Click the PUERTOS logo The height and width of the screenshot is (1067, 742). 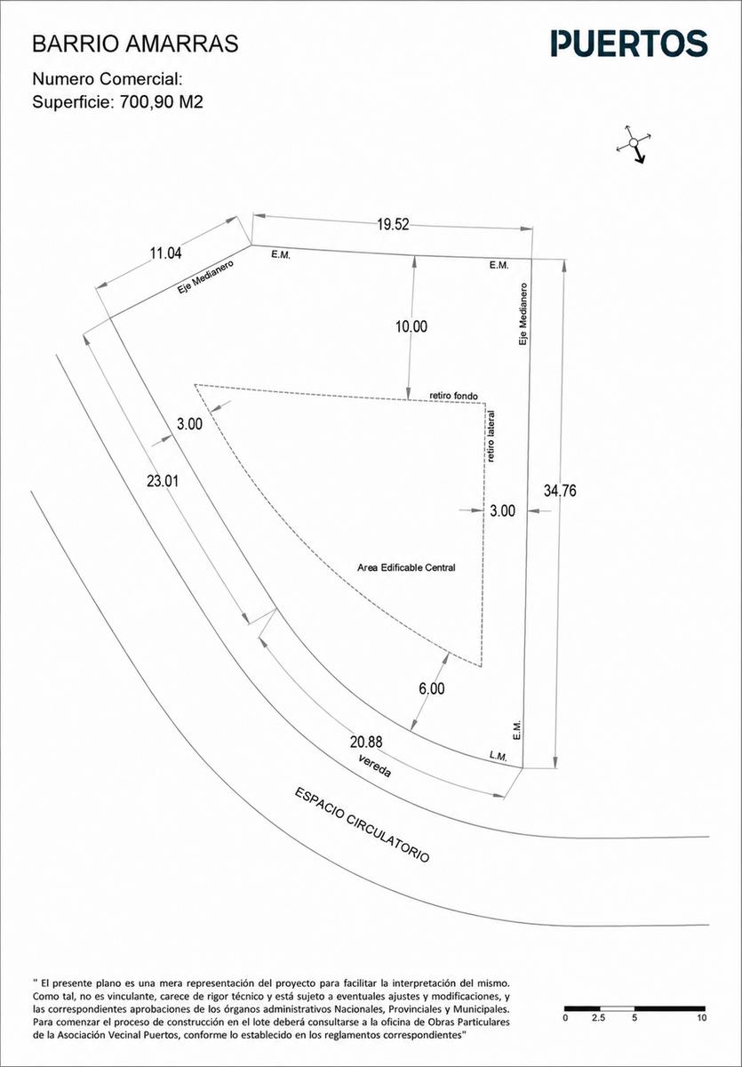click(x=629, y=44)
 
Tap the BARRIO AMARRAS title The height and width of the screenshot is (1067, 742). click(x=135, y=44)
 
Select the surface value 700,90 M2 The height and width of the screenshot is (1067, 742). click(x=162, y=102)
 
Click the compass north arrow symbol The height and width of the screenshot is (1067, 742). click(x=634, y=144)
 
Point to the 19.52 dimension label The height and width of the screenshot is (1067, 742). click(x=393, y=224)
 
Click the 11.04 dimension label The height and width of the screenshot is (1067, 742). click(x=165, y=253)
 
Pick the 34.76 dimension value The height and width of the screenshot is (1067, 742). click(x=560, y=491)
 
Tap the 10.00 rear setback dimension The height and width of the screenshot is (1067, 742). click(x=411, y=326)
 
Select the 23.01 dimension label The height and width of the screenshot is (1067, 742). click(x=163, y=481)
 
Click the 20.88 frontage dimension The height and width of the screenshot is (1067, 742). click(x=366, y=742)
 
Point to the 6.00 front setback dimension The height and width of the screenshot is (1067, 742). click(x=432, y=689)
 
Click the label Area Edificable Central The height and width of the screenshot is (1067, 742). click(x=406, y=568)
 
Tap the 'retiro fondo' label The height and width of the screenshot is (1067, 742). click(x=453, y=396)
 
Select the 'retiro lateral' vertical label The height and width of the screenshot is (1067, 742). click(x=491, y=437)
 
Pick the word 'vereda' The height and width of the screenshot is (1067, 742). click(x=375, y=766)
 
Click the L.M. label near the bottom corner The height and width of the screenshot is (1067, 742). click(x=498, y=756)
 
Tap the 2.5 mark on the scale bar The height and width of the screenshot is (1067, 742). click(x=598, y=1018)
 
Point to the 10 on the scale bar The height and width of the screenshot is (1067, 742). click(x=701, y=1018)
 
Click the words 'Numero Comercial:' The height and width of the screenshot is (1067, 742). click(x=108, y=79)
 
